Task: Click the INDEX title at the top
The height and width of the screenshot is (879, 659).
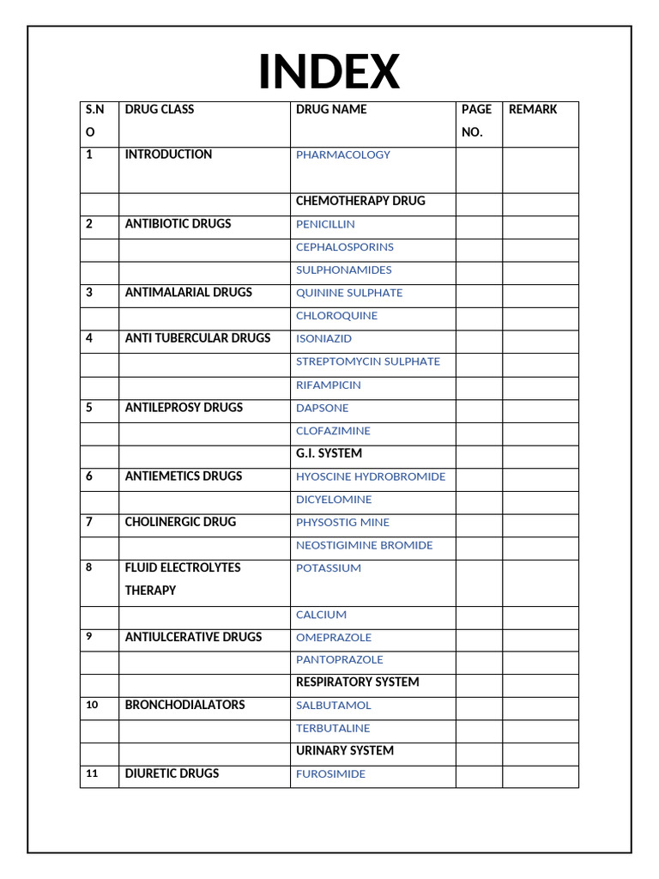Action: click(x=329, y=71)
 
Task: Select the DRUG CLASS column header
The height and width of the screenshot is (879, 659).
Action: click(x=160, y=109)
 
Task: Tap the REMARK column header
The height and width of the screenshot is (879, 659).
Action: click(x=533, y=109)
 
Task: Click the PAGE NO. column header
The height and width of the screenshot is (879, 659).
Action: click(x=476, y=121)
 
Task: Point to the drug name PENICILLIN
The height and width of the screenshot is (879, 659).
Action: click(x=325, y=224)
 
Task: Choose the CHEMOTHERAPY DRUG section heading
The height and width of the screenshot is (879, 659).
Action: click(x=360, y=201)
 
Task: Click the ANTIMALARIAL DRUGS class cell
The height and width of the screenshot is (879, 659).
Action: click(x=189, y=293)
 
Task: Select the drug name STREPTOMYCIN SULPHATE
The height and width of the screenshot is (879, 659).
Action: click(x=368, y=361)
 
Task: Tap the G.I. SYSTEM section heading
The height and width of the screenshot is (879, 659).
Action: click(x=329, y=453)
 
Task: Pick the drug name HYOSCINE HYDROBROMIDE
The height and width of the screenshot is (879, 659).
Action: click(x=371, y=476)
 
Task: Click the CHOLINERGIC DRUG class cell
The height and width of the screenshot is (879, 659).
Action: click(x=180, y=522)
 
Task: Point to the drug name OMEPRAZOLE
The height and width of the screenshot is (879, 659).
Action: click(x=334, y=637)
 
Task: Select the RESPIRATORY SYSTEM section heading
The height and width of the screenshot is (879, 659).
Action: click(x=358, y=682)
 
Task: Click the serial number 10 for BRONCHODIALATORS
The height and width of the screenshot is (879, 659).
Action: click(x=93, y=705)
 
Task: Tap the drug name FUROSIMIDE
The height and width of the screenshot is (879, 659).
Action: click(x=330, y=773)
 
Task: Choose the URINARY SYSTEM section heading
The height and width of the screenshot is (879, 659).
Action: click(x=345, y=750)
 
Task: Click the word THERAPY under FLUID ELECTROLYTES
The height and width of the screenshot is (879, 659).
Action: click(x=150, y=591)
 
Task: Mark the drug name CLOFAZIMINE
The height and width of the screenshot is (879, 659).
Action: click(x=334, y=431)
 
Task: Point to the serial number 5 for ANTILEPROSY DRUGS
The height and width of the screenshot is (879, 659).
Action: click(x=89, y=408)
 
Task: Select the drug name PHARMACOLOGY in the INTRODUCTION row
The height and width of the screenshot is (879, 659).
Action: click(x=343, y=155)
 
